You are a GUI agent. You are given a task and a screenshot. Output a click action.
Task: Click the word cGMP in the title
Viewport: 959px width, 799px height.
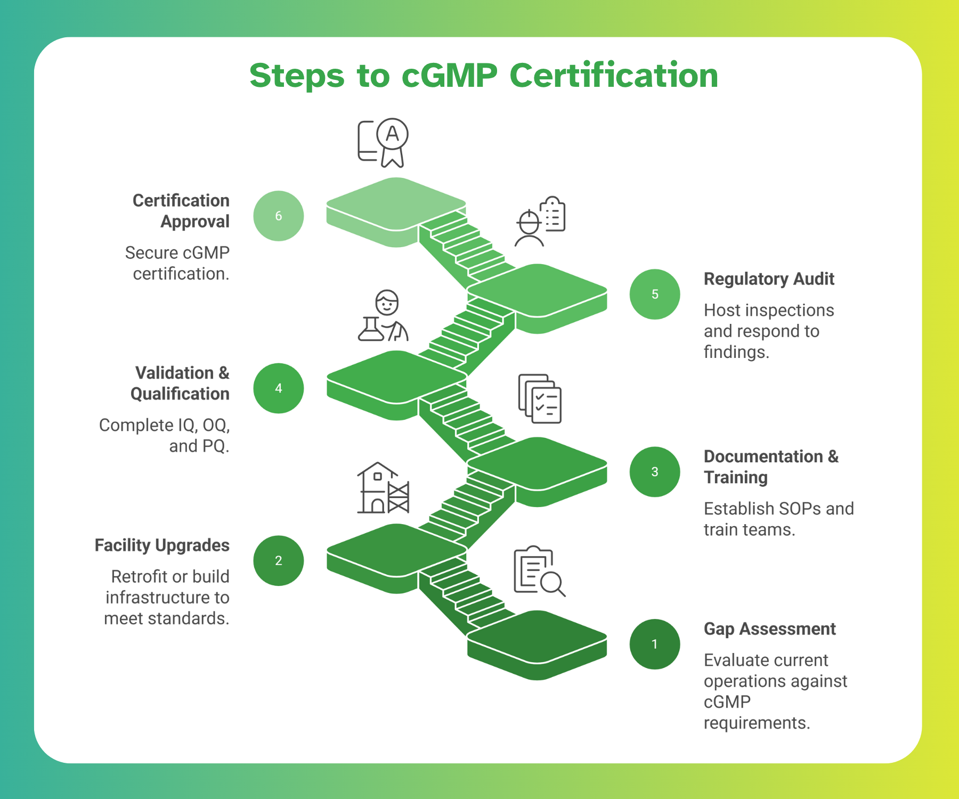(x=449, y=76)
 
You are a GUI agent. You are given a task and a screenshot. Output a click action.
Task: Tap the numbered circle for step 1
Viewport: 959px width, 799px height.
(x=654, y=644)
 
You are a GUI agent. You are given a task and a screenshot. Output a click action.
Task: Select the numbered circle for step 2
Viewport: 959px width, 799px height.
(x=278, y=560)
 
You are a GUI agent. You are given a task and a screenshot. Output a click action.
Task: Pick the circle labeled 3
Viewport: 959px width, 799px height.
(x=654, y=471)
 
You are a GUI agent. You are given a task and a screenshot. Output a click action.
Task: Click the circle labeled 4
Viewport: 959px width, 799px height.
(x=278, y=388)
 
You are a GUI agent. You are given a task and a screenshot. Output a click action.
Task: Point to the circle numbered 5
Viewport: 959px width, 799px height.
(x=654, y=294)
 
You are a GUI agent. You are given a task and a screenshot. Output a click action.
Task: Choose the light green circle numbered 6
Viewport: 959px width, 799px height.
(x=278, y=216)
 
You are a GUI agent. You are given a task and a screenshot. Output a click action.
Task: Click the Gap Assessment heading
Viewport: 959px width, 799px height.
(x=769, y=629)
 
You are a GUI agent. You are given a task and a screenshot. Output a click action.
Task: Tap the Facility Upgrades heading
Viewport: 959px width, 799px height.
(x=162, y=545)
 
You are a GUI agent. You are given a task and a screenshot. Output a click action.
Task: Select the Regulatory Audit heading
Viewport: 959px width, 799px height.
(x=768, y=279)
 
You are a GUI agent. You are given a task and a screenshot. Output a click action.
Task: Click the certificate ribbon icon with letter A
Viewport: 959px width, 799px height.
(x=384, y=142)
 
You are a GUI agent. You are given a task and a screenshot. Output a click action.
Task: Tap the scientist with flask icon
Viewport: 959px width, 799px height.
(x=383, y=316)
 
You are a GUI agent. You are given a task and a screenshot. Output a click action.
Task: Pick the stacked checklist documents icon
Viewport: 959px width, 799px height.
(x=540, y=398)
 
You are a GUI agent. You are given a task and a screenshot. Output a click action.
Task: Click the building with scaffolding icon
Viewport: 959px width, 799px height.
(x=383, y=488)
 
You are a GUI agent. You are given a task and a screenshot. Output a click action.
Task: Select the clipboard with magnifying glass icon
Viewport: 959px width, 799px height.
(x=539, y=571)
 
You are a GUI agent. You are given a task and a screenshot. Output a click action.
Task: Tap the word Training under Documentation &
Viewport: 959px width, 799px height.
(x=735, y=478)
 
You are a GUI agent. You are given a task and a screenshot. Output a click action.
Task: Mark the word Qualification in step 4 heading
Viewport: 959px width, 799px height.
(x=180, y=394)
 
